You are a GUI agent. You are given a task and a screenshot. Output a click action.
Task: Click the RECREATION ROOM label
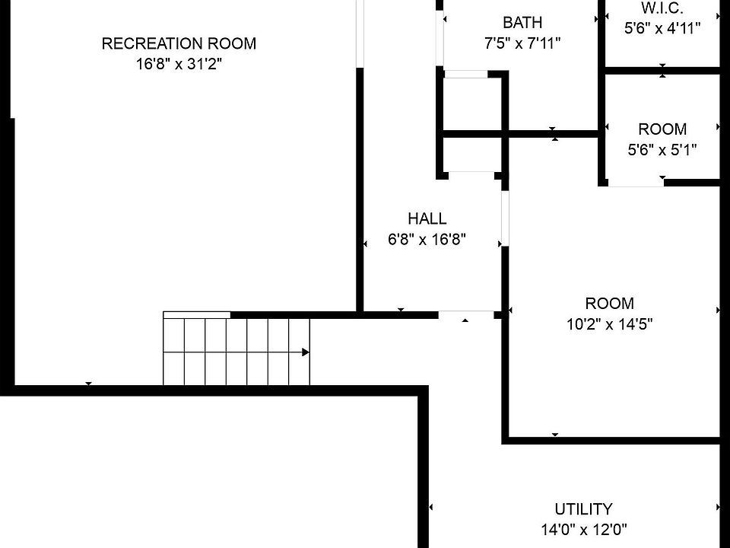click(x=179, y=43)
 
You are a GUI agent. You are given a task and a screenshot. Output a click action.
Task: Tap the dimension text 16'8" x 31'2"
click(x=179, y=65)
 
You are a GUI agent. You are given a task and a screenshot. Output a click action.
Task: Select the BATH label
click(x=522, y=23)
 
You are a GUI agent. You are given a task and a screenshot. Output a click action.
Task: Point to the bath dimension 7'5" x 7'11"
click(x=522, y=44)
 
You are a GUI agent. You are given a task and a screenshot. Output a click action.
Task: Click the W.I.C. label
click(x=662, y=8)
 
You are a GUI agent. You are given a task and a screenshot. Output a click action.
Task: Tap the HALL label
click(x=427, y=219)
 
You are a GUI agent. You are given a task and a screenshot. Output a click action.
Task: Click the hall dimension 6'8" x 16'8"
click(x=427, y=240)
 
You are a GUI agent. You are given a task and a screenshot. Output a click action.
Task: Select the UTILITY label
click(x=583, y=509)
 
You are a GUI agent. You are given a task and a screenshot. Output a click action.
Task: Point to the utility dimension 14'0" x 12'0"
click(x=583, y=530)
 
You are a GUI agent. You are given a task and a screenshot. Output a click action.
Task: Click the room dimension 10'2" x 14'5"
click(x=610, y=323)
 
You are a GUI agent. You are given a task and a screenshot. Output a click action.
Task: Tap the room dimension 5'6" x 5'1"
click(x=662, y=150)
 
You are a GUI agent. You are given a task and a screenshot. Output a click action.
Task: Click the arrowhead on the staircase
click(x=305, y=352)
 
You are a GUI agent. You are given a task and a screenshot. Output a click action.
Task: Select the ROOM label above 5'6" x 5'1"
click(x=662, y=129)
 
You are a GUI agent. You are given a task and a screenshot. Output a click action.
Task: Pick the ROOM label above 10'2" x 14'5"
click(x=610, y=303)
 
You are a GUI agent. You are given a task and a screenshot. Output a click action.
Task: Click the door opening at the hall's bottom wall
click(x=466, y=313)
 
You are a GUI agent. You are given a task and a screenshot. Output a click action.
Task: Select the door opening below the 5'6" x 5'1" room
click(x=636, y=183)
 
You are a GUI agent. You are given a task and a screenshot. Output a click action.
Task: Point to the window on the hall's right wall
click(x=504, y=218)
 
